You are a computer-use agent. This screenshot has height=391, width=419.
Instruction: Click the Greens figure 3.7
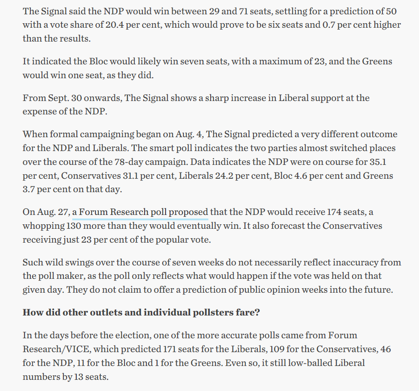point(30,189)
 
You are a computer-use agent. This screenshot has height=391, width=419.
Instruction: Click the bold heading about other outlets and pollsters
point(141,312)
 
